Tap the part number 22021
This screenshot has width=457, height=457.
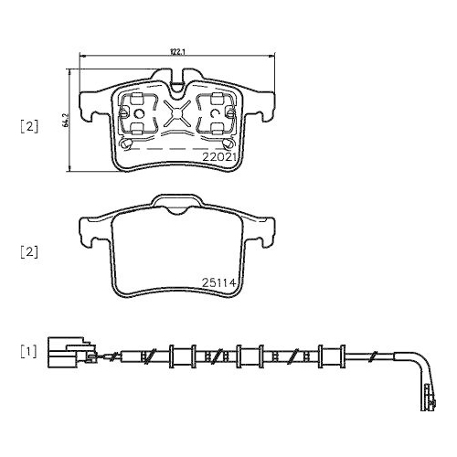click(220, 156)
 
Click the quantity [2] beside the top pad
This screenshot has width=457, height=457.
click(29, 127)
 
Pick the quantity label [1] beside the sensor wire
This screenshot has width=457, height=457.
click(29, 352)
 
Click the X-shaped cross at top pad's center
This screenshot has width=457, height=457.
click(176, 117)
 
